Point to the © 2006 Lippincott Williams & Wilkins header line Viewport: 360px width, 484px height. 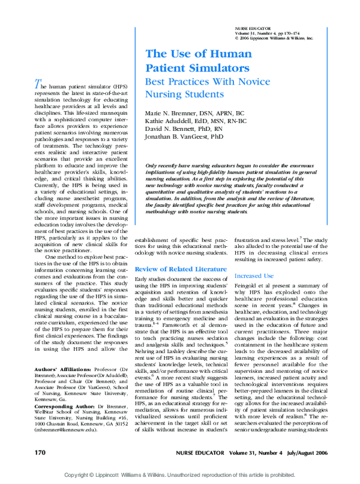[x=275, y=37]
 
